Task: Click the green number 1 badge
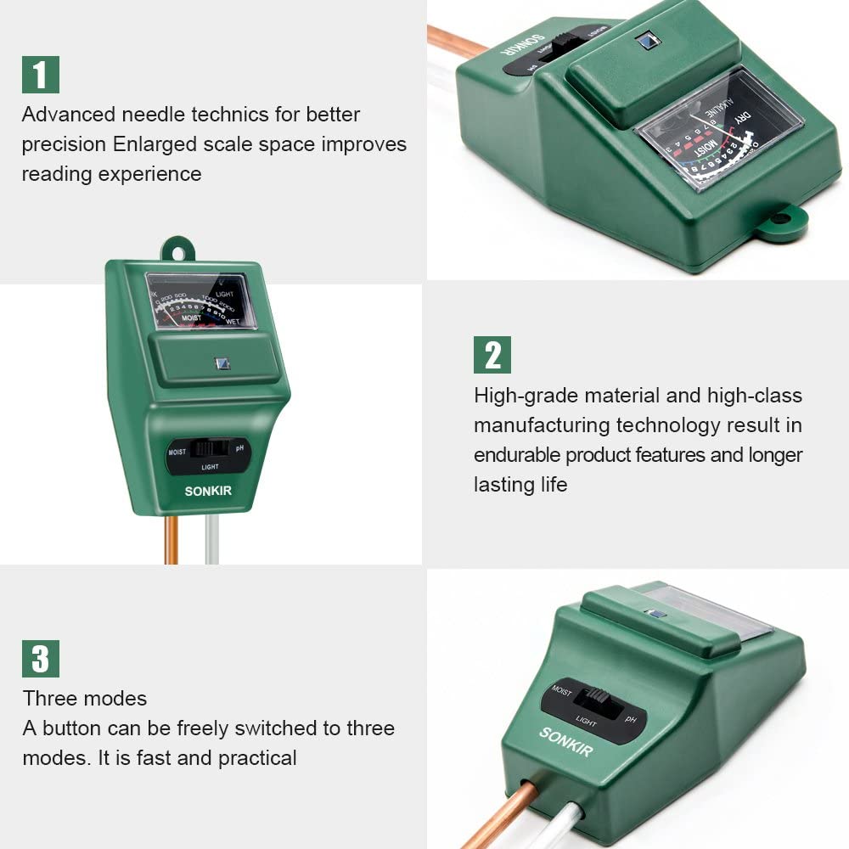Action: tap(40, 75)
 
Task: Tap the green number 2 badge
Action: tap(492, 355)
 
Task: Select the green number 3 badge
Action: tap(40, 659)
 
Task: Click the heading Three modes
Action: tap(85, 699)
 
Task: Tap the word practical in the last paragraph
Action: tap(257, 757)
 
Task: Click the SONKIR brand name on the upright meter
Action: tap(208, 492)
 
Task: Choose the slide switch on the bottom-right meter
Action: tap(592, 700)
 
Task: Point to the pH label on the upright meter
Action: tap(239, 448)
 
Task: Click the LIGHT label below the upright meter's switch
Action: tap(210, 467)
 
